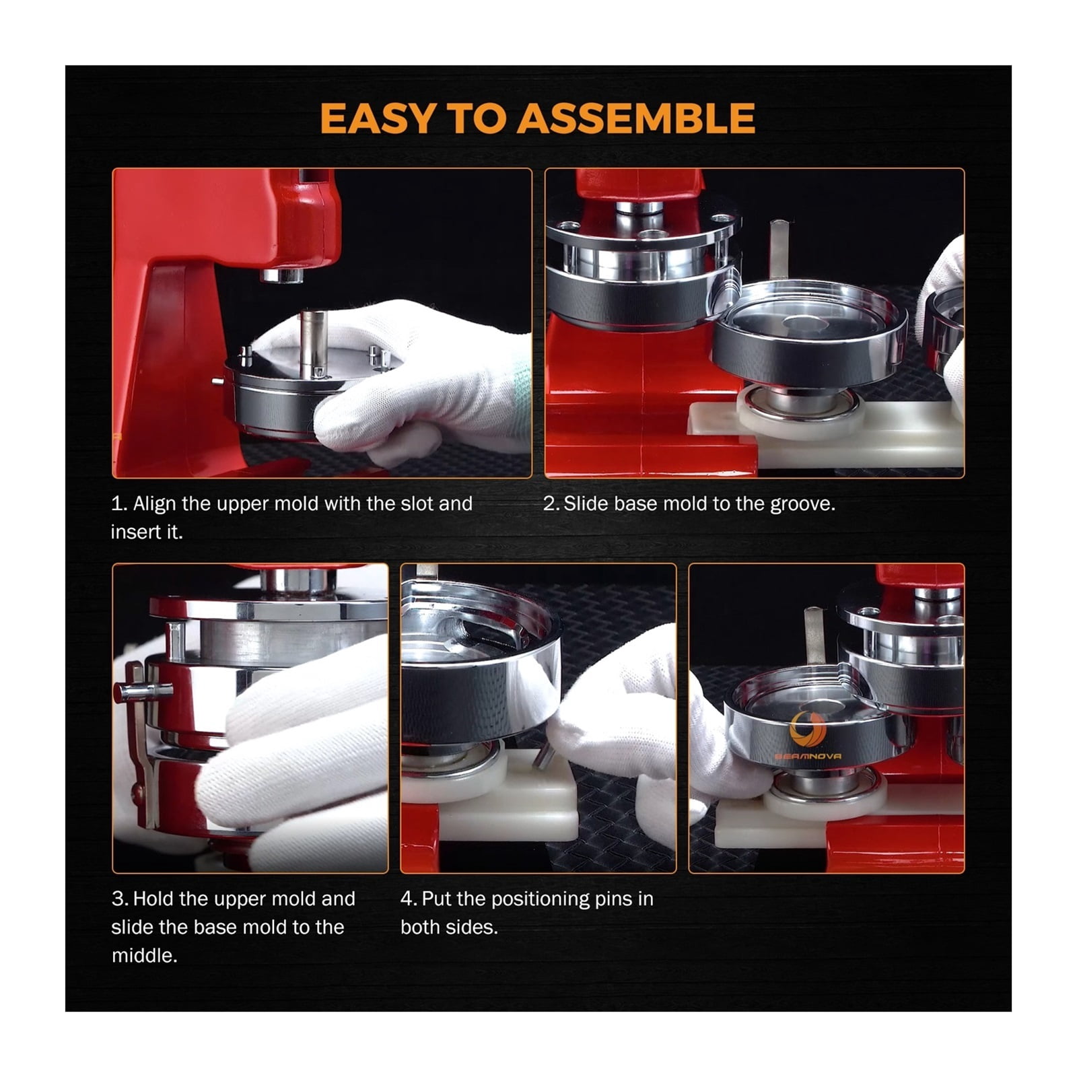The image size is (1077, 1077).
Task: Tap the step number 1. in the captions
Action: [119, 503]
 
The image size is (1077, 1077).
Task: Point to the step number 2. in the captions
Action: [551, 504]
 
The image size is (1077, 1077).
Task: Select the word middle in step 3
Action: [144, 955]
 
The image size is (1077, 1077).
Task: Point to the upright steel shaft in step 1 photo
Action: [313, 343]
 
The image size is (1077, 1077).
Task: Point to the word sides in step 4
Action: [474, 927]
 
